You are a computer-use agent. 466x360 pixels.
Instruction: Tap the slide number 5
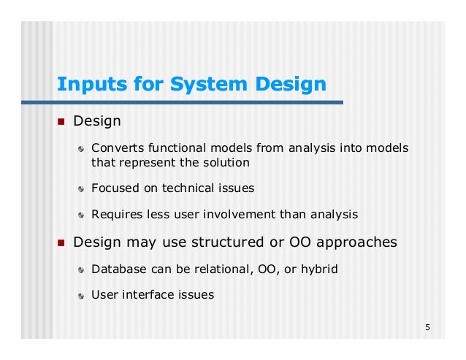click(427, 326)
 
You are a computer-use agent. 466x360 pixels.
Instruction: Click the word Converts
click(114, 148)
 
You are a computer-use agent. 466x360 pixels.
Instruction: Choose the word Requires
click(115, 215)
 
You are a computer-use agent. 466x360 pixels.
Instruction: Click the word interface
click(147, 295)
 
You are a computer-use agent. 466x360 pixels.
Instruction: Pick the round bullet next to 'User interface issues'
click(83, 296)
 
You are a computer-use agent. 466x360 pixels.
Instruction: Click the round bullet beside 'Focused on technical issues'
click(83, 188)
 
